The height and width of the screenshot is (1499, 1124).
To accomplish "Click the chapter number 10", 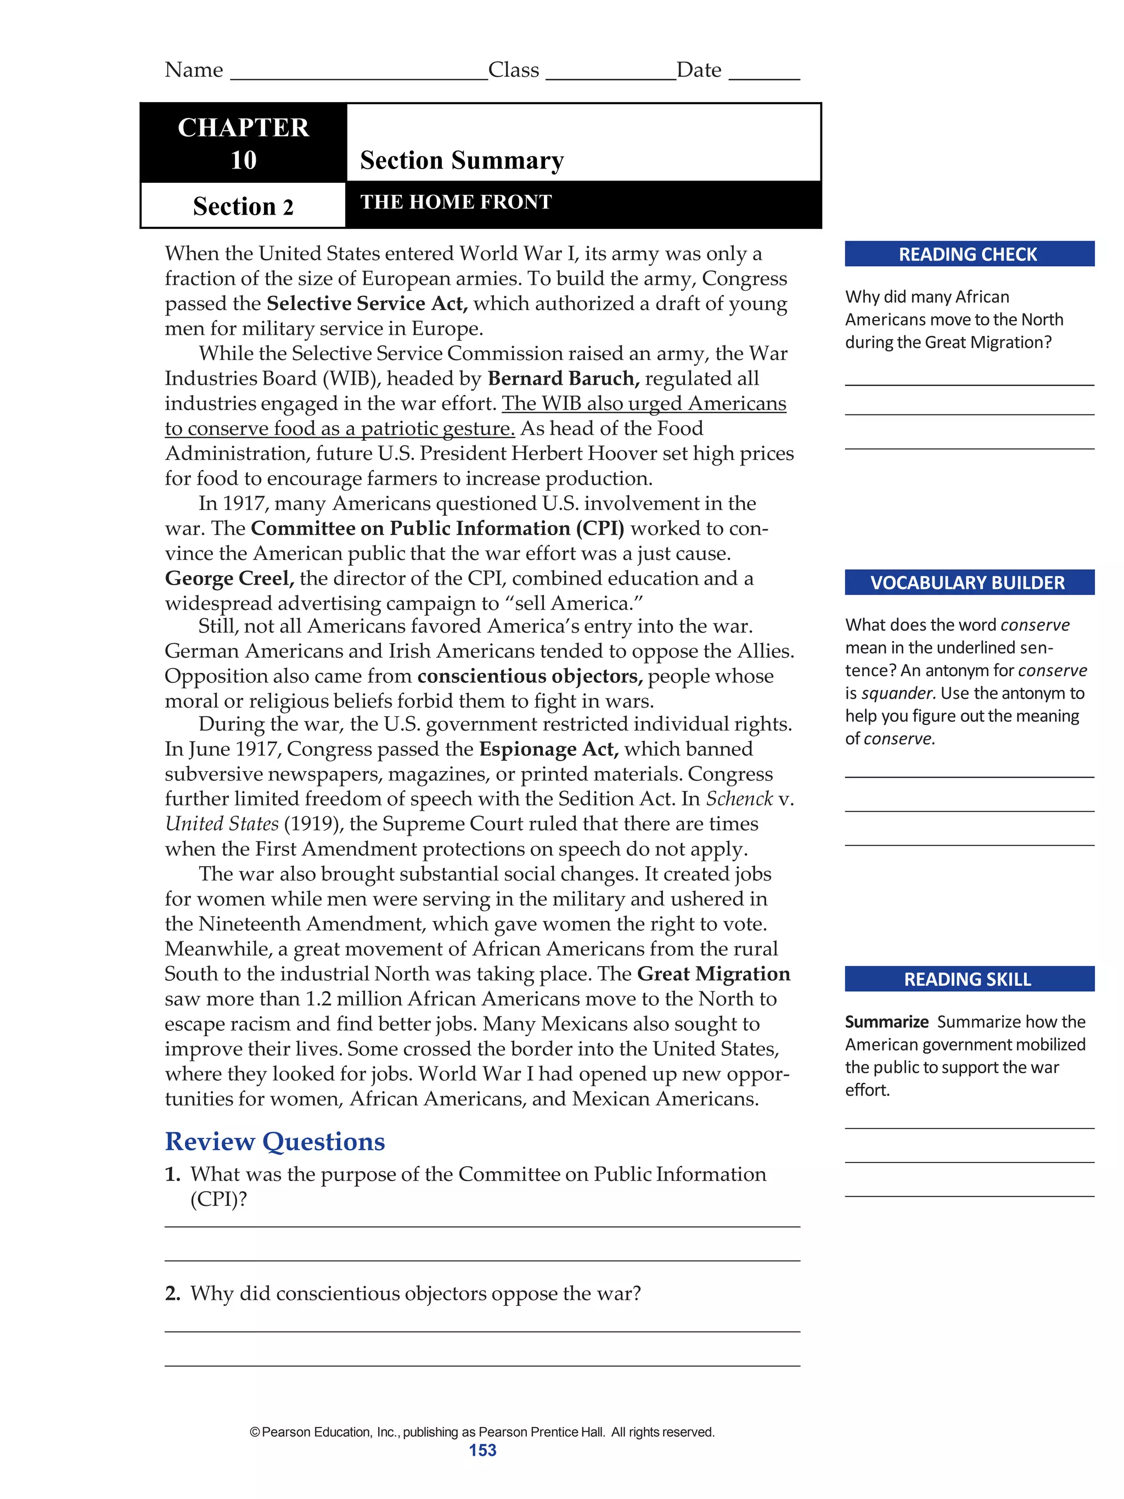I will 243,161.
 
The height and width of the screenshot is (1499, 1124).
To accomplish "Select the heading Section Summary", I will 462,161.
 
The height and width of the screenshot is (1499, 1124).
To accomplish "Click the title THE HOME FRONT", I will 456,202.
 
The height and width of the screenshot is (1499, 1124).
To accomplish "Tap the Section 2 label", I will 243,206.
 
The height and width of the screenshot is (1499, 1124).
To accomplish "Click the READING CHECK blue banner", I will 968,254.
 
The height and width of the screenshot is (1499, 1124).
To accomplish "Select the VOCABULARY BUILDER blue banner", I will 968,583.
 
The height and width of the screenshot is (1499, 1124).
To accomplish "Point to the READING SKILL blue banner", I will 968,979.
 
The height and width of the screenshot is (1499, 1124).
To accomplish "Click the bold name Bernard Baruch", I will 563,378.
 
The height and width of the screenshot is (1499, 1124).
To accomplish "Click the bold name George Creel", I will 229,578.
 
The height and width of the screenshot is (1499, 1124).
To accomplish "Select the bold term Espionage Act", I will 549,749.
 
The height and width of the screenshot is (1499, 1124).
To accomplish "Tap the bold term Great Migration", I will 713,974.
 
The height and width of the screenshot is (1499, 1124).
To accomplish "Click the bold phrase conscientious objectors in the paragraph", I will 529,676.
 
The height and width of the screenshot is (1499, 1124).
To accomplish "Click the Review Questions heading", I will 275,1142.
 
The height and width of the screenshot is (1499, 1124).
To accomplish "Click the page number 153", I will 482,1450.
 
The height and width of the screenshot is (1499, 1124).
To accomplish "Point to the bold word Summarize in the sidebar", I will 886,1022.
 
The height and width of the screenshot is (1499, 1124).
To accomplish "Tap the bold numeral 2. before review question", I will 173,1294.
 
